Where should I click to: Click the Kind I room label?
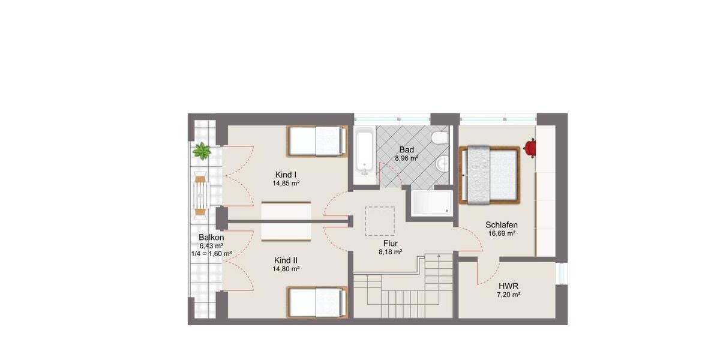[286, 175]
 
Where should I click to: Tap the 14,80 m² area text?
[286, 269]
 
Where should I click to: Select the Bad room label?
[406, 149]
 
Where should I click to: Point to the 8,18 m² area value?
[389, 252]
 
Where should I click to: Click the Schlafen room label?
[502, 225]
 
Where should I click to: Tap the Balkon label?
[211, 237]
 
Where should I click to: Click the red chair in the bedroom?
[530, 146]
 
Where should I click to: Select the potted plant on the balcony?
[202, 151]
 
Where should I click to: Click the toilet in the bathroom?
[442, 139]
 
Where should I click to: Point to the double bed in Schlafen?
[489, 175]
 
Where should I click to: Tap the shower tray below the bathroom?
[431, 203]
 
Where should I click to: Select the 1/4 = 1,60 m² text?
[208, 254]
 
